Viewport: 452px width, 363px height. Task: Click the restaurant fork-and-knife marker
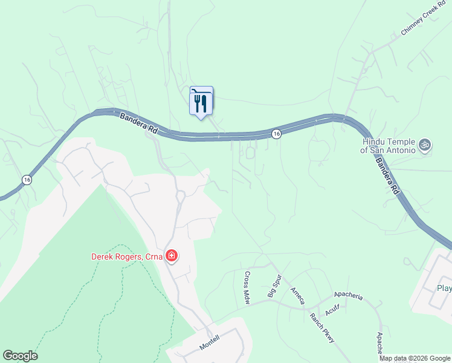tap(201, 101)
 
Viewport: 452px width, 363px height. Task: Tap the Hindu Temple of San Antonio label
tap(389, 146)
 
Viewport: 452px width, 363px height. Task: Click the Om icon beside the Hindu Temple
tap(425, 145)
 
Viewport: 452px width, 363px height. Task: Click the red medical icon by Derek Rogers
tap(172, 256)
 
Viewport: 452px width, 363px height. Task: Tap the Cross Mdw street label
tap(247, 278)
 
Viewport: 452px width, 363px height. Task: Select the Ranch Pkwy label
tap(322, 329)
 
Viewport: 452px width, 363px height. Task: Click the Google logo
tap(20, 356)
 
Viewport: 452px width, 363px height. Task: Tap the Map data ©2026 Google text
tap(415, 358)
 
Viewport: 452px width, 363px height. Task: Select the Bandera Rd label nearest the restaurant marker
tap(138, 123)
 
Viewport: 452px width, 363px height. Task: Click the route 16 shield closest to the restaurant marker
tap(276, 134)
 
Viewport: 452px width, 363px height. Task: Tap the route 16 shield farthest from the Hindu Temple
tap(26, 179)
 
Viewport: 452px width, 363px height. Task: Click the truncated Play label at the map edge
tap(444, 288)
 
